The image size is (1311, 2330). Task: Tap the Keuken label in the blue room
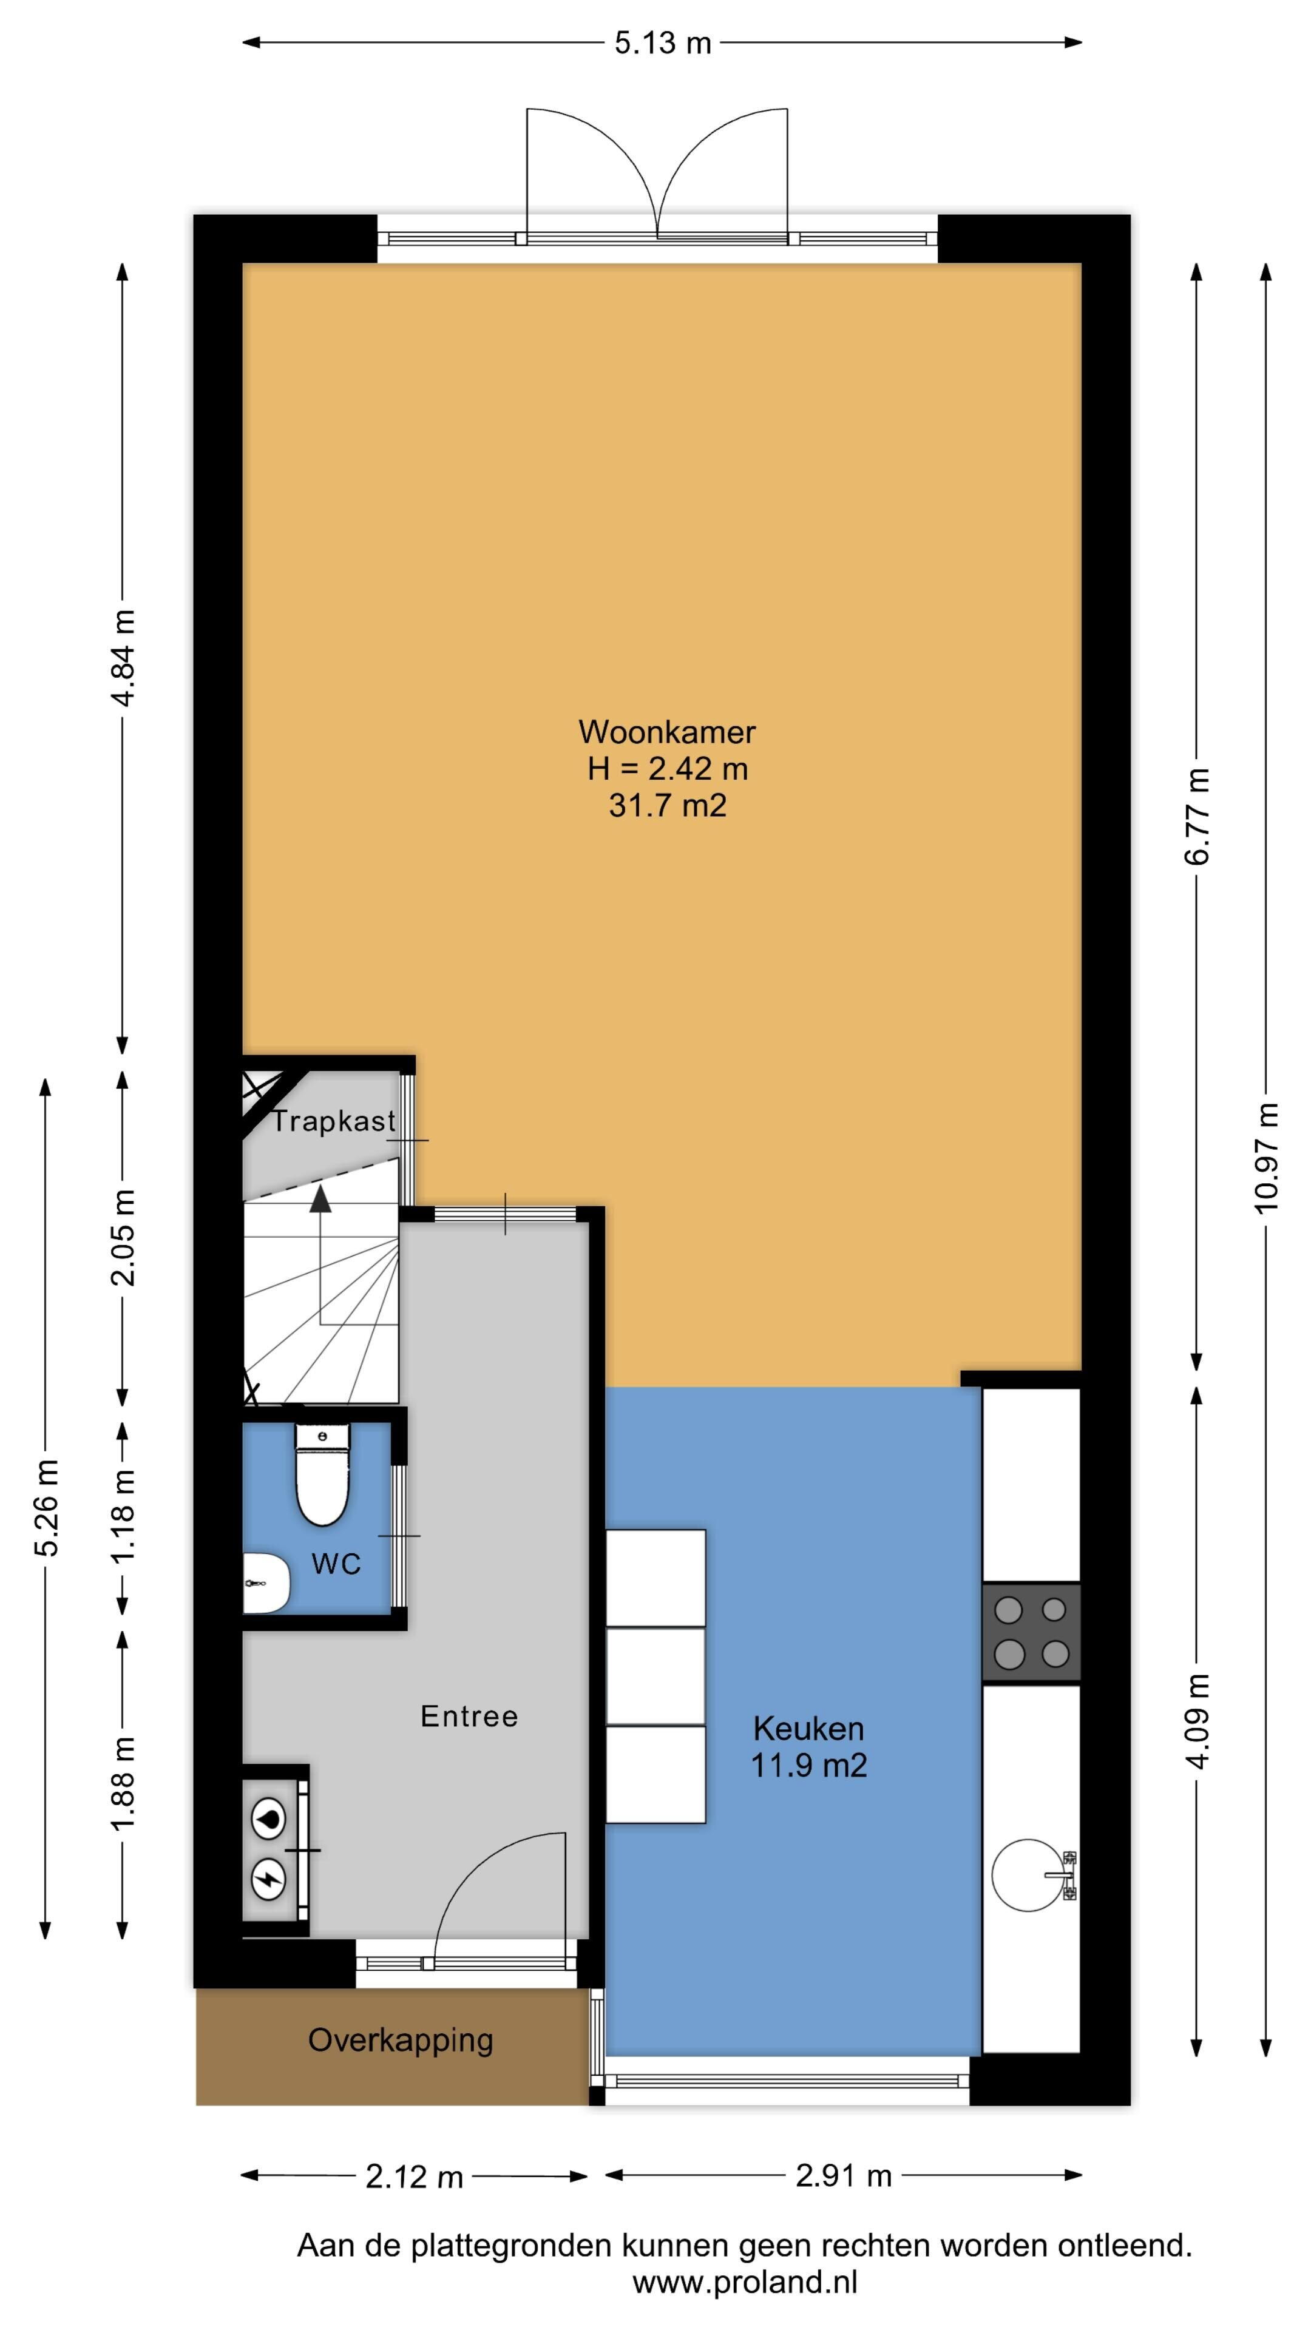[x=808, y=1729]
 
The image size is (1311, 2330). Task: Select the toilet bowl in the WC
[x=323, y=1474]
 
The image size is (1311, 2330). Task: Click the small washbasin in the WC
[x=266, y=1584]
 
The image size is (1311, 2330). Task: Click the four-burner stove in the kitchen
[x=1031, y=1633]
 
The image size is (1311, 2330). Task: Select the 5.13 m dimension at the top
[x=662, y=42]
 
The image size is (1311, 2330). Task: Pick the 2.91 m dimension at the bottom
[x=843, y=2175]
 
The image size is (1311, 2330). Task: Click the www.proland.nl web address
[x=745, y=2282]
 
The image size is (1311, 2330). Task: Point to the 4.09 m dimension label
[x=1198, y=1721]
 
